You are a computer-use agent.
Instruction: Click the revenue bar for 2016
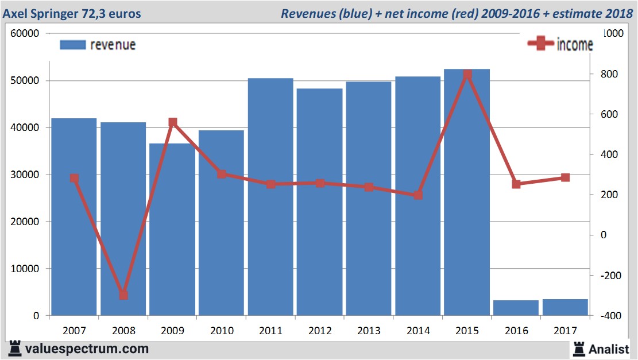[516, 308]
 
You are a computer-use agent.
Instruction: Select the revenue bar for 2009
[172, 230]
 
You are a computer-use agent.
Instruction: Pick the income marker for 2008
[123, 295]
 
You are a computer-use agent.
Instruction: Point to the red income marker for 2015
[467, 75]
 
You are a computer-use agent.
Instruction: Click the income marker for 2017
[565, 178]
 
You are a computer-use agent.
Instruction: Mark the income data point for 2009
[172, 122]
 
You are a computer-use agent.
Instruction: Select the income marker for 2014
[418, 195]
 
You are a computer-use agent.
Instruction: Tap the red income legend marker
[540, 44]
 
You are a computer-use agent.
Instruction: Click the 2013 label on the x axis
[369, 330]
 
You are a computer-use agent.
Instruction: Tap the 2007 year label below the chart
[74, 330]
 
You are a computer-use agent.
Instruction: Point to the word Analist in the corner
[609, 349]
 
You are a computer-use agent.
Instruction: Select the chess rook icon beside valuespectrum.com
[14, 348]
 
